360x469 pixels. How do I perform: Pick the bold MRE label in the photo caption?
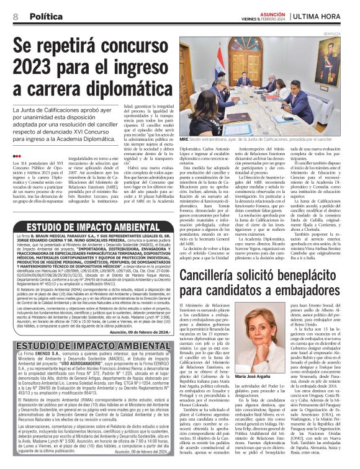(x=184, y=140)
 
